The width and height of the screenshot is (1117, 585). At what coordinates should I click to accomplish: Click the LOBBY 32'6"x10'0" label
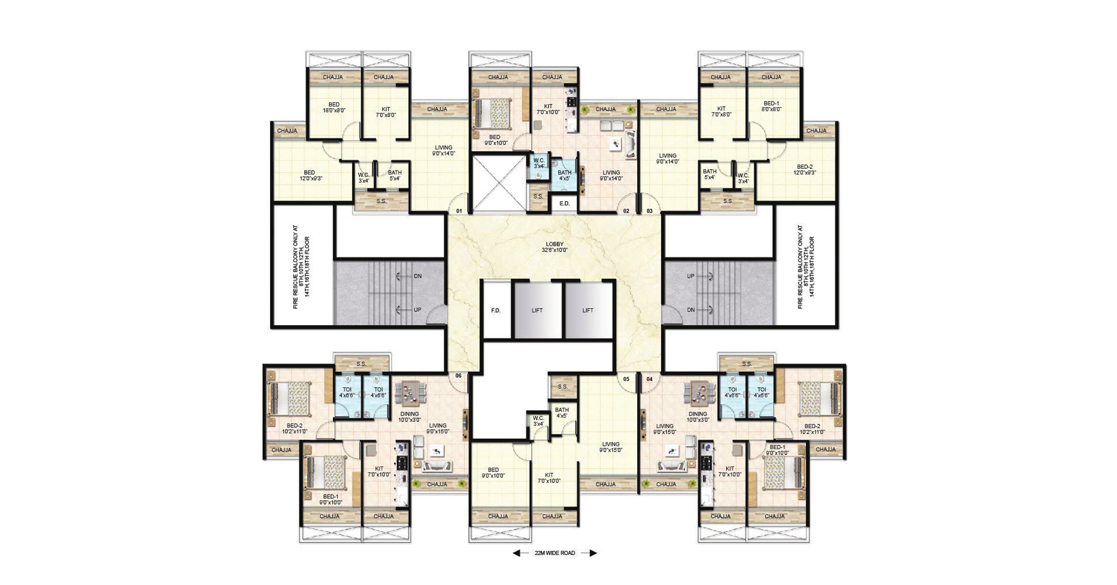(555, 247)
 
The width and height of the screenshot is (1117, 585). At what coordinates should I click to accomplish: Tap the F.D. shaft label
(496, 311)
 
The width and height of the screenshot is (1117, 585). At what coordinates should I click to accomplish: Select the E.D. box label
(564, 203)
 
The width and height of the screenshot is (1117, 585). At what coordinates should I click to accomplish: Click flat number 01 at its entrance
(459, 211)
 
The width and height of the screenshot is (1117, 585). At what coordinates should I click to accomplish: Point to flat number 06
(458, 376)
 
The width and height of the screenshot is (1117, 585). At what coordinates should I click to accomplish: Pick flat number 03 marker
(650, 211)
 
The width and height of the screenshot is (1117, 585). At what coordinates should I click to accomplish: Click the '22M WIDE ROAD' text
(555, 553)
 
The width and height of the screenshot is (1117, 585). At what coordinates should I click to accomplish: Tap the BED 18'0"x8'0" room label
(334, 108)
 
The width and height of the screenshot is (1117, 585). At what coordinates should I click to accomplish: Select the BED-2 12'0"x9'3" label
(805, 169)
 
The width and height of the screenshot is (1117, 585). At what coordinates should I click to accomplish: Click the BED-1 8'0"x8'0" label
(771, 106)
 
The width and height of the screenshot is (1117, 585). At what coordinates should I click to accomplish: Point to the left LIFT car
(538, 310)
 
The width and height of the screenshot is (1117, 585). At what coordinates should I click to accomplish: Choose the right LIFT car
(588, 310)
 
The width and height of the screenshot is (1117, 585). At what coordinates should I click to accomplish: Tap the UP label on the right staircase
(691, 276)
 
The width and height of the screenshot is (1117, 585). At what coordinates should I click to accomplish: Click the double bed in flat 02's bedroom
(493, 113)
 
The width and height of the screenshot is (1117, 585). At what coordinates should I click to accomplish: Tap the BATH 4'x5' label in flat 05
(561, 413)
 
